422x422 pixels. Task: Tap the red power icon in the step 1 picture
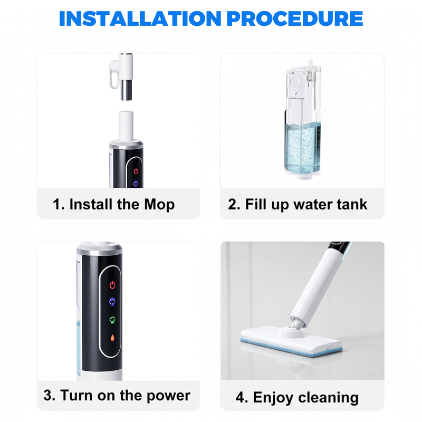pyautogui.click(x=136, y=171)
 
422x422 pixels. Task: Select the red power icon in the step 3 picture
pyautogui.click(x=112, y=285)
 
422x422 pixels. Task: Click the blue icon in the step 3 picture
pyautogui.click(x=112, y=301)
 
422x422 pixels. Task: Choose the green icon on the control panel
pyautogui.click(x=112, y=320)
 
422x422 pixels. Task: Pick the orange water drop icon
pyautogui.click(x=112, y=338)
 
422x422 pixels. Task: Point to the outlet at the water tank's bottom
pyautogui.click(x=302, y=178)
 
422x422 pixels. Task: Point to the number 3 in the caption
pyautogui.click(x=49, y=395)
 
